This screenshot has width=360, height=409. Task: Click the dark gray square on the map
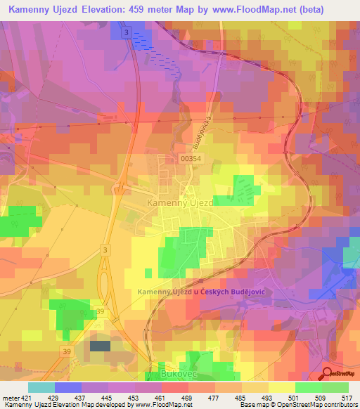click(100, 346)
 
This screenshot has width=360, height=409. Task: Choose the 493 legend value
click(266, 397)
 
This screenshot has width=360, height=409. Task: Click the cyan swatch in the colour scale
click(41, 387)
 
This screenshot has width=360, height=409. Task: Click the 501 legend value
click(292, 397)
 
